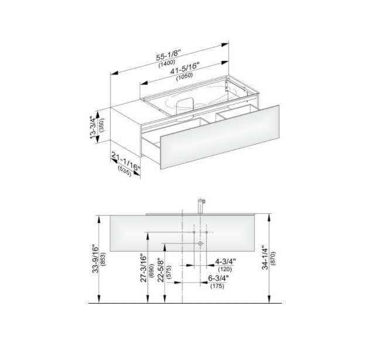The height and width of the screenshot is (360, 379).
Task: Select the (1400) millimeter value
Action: click(166, 63)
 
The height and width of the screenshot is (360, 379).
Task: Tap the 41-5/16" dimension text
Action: click(185, 68)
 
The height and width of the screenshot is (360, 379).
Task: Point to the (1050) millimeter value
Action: click(185, 76)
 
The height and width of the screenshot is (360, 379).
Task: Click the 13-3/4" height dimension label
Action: click(93, 128)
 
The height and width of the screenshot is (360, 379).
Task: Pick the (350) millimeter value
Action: click(101, 125)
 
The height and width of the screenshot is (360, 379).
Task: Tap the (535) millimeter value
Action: click(125, 170)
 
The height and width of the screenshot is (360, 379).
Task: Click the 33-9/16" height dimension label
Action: click(95, 259)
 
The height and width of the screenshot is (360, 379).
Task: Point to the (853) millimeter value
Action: click(104, 259)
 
